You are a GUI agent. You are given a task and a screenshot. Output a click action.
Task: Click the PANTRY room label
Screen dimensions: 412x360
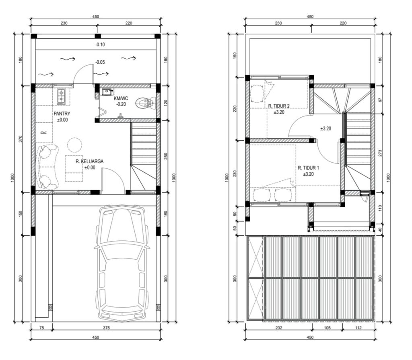click(62, 114)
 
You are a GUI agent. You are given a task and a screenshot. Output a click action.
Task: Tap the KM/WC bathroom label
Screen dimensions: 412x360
click(121, 98)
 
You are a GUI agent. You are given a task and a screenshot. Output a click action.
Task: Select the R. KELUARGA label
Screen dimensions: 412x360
click(89, 161)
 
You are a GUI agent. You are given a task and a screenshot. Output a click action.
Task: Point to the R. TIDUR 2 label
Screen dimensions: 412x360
click(279, 106)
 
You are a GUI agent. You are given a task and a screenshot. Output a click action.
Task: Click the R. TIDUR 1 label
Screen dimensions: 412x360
click(308, 168)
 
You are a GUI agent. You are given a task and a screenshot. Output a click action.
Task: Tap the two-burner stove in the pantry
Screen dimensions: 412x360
click(61, 97)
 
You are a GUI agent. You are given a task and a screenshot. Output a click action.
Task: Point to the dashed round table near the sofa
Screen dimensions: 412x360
click(74, 145)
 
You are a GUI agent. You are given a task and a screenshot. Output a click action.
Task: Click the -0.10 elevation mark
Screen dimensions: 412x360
click(100, 45)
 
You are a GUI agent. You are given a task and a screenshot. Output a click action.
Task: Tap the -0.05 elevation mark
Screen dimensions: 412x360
click(100, 62)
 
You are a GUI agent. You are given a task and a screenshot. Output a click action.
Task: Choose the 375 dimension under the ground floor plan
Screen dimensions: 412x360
click(106, 328)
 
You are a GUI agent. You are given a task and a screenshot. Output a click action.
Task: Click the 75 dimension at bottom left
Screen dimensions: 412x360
click(41, 328)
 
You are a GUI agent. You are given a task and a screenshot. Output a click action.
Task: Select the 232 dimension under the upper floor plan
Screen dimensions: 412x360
click(279, 328)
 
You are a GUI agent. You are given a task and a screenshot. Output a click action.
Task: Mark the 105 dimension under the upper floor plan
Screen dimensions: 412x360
click(327, 328)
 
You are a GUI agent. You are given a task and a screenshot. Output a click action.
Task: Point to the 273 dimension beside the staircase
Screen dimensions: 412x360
click(380, 153)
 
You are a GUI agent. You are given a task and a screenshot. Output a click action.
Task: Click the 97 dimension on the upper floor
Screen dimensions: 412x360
click(380, 100)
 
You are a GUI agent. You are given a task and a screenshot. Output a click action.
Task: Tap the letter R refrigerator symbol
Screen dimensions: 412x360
click(44, 132)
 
